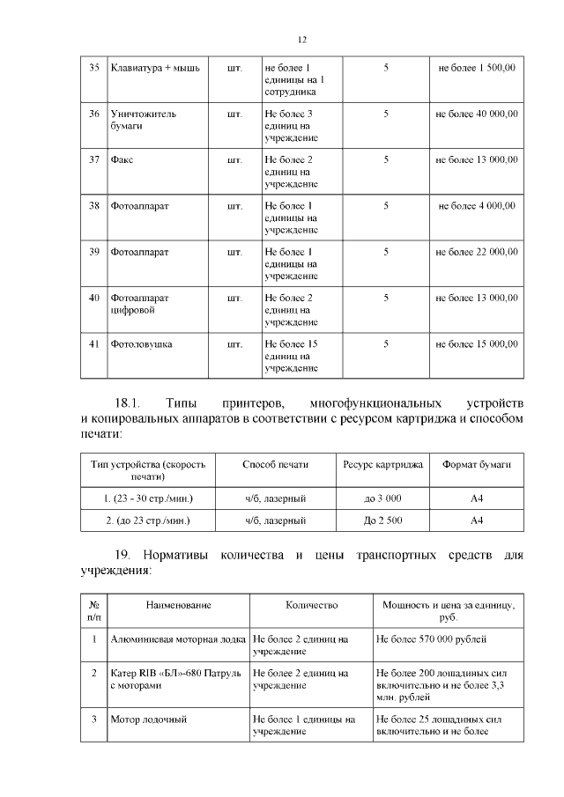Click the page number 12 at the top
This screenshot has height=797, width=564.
pyautogui.click(x=301, y=40)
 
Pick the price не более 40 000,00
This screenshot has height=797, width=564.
pyautogui.click(x=477, y=114)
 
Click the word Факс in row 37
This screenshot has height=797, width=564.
pyautogui.click(x=122, y=159)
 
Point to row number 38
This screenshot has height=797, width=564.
pyautogui.click(x=93, y=205)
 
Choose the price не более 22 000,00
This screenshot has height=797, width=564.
pyautogui.click(x=477, y=252)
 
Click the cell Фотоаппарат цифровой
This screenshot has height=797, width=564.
pyautogui.click(x=139, y=304)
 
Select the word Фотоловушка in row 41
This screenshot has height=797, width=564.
pyautogui.click(x=141, y=343)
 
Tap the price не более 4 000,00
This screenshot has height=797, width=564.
pyautogui.click(x=477, y=205)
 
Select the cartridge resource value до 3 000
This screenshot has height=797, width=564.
pyautogui.click(x=382, y=498)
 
